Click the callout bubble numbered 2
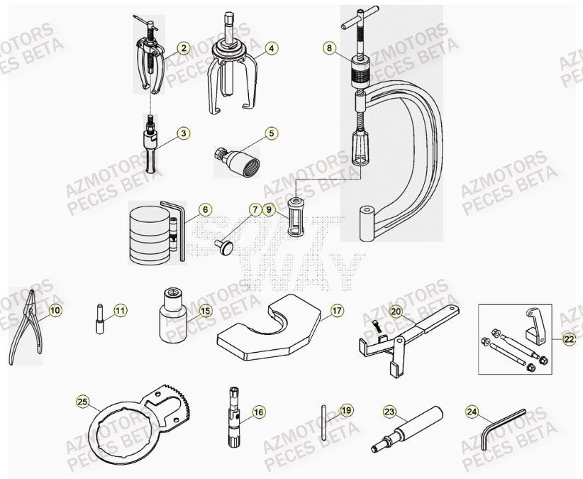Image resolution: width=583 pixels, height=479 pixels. coord(184,48)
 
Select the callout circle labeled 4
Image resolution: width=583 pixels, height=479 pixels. coord(271,48)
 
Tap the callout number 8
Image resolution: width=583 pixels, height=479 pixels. coord(328,48)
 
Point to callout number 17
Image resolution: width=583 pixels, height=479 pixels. coord(336,310)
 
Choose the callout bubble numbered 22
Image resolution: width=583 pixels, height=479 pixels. coord(569,339)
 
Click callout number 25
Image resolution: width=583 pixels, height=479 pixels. coord(83,402)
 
